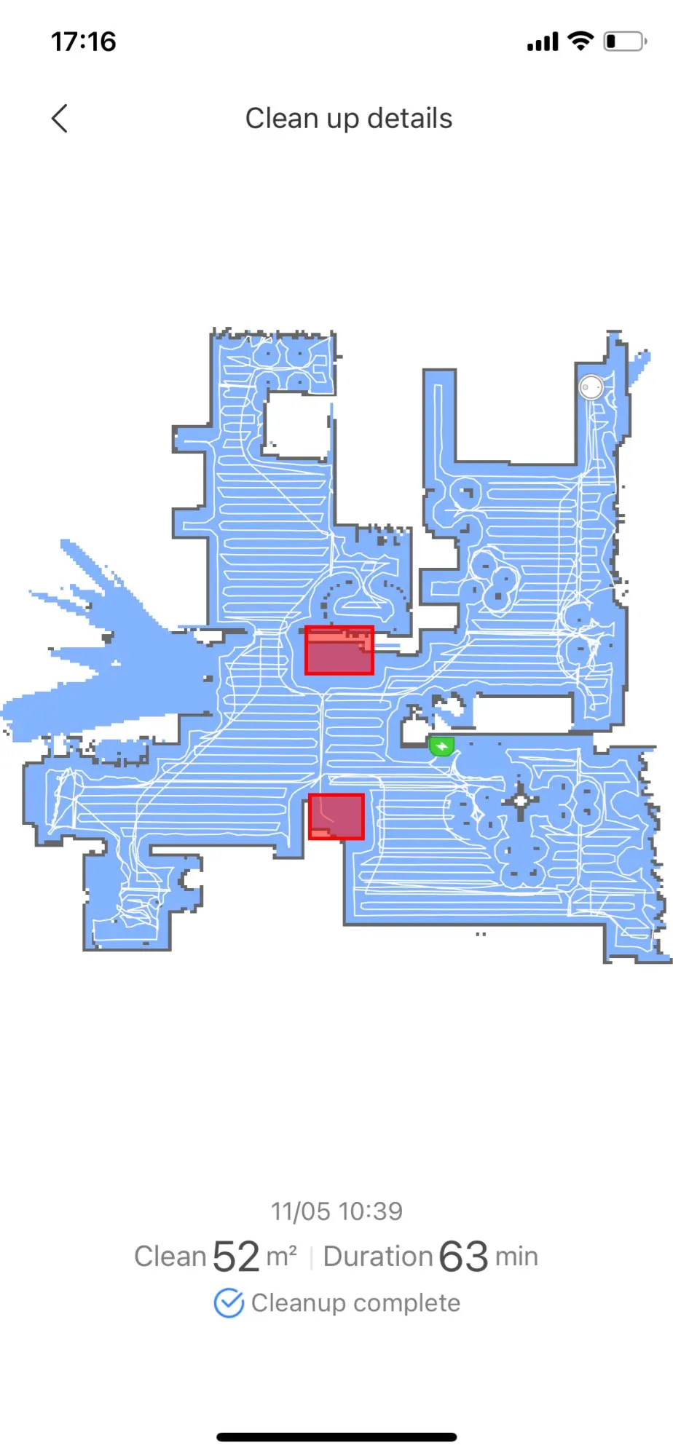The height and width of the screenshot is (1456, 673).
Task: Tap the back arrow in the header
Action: point(60,118)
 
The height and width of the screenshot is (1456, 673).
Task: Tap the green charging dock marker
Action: point(441,746)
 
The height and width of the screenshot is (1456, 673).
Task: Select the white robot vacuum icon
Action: point(591,387)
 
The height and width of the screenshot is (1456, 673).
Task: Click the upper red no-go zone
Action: point(339,650)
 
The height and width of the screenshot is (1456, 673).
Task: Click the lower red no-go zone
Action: point(336,816)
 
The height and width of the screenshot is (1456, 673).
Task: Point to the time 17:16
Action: point(83,41)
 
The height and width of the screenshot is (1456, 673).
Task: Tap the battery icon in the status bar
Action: point(624,41)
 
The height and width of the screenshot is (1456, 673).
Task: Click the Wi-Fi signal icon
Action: point(580,41)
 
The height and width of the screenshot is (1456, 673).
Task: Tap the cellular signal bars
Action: point(543,42)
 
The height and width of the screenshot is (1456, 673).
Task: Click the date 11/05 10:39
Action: point(336,1211)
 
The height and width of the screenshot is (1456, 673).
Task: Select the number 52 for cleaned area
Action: point(236,1257)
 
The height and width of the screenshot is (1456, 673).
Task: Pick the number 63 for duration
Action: point(463,1257)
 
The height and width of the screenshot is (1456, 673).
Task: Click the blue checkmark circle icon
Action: point(229,1303)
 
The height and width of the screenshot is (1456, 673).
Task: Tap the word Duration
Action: point(378,1257)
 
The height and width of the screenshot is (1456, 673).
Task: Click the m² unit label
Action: point(281,1257)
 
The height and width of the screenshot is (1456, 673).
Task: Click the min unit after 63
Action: point(516,1257)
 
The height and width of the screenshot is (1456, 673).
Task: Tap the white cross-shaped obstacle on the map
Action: point(521,802)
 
